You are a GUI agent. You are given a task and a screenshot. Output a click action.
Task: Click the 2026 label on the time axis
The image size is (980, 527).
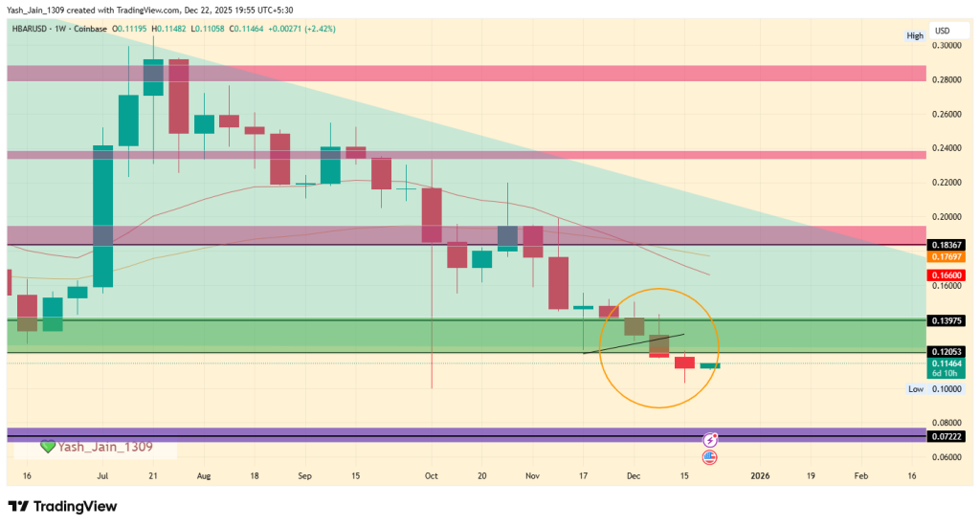pos(760,474)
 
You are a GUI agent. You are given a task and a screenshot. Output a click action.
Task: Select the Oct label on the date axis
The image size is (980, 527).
pos(431,474)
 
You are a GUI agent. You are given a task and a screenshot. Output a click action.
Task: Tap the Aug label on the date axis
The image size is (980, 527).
pos(204,474)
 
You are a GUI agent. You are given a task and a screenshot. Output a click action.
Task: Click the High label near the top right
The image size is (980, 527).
pos(916,36)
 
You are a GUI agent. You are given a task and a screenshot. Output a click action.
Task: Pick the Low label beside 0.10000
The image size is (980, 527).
pos(916,389)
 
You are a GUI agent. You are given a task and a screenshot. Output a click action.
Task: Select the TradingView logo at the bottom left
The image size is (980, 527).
pos(61,505)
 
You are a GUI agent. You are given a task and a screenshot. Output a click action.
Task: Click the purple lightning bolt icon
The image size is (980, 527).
pos(710,440)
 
